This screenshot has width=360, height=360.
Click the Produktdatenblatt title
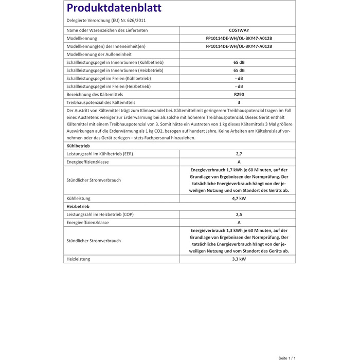pyautogui.click(x=114, y=8)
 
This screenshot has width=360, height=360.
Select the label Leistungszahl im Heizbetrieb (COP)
pyautogui.click(x=101, y=214)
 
